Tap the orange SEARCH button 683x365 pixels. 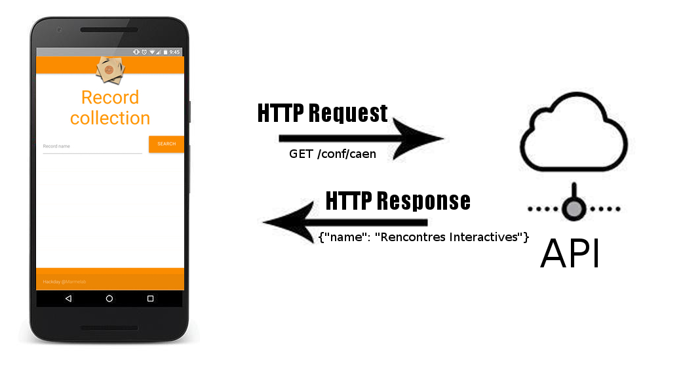coord(166,144)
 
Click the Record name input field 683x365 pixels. coord(92,147)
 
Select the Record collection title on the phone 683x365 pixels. coord(110,108)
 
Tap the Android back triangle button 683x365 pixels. coord(68,298)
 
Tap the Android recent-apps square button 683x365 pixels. coord(150,298)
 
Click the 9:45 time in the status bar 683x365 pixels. coord(174,52)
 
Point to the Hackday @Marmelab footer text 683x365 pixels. coord(64,282)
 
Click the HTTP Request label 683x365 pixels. coord(322,113)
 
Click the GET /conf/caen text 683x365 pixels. coord(333,154)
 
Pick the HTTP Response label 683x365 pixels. coord(397,201)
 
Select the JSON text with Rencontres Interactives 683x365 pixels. coord(423,237)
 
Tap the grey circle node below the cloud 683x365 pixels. coord(574,209)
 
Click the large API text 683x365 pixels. coord(570,254)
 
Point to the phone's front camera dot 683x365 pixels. coord(59,29)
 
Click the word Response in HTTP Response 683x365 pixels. coord(425,201)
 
